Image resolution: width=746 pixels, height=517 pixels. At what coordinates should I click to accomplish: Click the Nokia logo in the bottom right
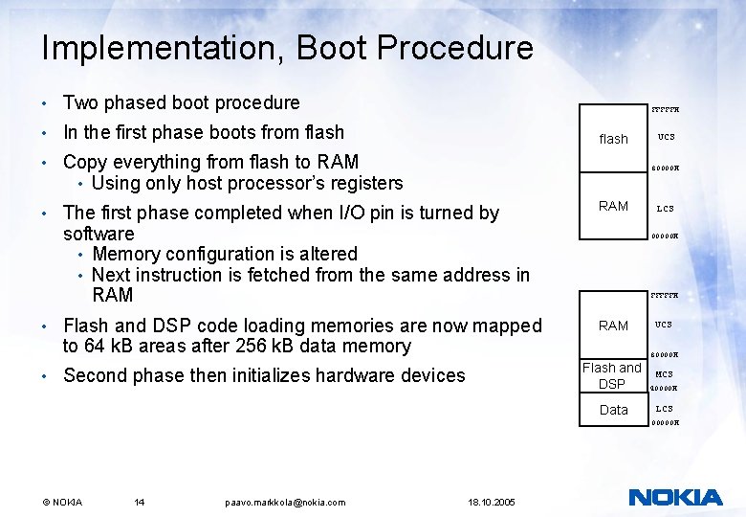(675, 497)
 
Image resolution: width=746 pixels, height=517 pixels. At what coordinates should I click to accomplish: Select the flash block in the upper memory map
(613, 139)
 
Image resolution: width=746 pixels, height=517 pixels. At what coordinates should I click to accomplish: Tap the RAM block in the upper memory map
(613, 206)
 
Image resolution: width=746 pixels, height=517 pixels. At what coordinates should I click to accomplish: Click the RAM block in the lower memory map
(613, 326)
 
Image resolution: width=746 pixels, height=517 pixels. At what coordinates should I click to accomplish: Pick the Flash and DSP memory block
(612, 375)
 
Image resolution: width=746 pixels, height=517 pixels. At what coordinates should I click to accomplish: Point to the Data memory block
(613, 410)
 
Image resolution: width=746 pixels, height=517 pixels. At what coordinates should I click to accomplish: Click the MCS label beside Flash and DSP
(664, 374)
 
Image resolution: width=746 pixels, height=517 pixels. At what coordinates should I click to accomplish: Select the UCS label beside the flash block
(666, 137)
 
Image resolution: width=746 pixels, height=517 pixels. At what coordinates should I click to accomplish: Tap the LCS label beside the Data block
(664, 409)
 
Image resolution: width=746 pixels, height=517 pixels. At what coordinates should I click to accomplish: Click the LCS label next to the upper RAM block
(665, 208)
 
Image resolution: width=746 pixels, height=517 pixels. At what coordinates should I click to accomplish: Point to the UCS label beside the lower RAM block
(664, 326)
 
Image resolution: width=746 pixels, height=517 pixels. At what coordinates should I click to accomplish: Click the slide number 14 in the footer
(140, 502)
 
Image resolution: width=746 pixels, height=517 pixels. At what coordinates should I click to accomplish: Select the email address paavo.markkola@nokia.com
(285, 502)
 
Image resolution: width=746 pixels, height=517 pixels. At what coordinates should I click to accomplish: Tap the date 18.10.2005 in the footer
(492, 502)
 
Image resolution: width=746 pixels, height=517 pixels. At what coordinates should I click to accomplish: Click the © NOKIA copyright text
(62, 502)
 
